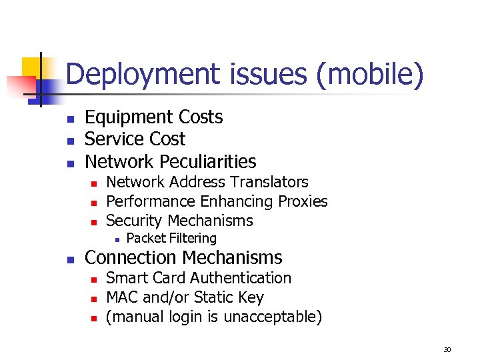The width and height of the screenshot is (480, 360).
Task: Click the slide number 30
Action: [x=447, y=349]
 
